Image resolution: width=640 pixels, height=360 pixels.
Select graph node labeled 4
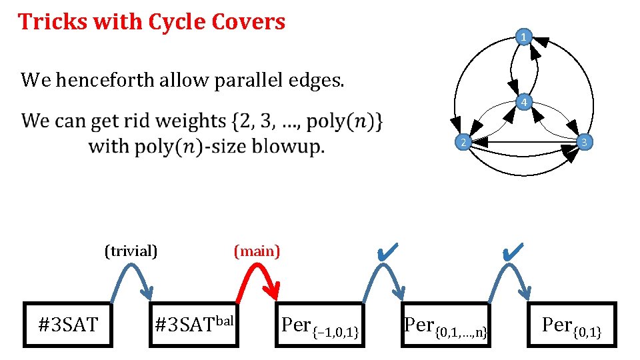tap(525, 103)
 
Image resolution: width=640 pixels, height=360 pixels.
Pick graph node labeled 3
tap(583, 142)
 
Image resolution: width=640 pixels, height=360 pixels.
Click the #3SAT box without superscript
tap(68, 325)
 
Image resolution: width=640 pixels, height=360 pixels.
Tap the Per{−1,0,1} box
tap(320, 325)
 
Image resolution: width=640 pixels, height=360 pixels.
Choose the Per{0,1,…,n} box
tap(446, 325)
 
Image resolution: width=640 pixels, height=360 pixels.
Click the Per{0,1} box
tap(572, 325)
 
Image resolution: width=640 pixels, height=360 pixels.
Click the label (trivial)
tap(131, 251)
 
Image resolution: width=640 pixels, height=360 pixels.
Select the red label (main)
tap(257, 251)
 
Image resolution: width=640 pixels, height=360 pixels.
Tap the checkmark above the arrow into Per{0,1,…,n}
tap(387, 251)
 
